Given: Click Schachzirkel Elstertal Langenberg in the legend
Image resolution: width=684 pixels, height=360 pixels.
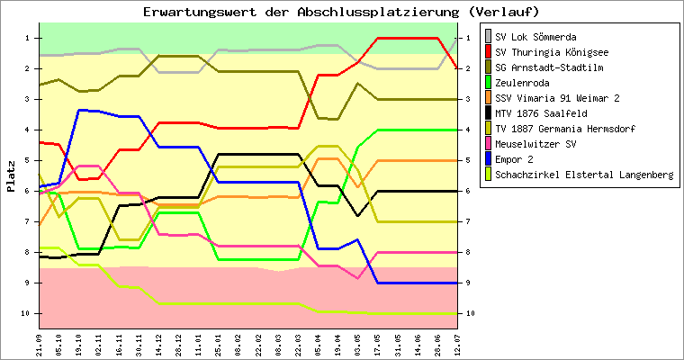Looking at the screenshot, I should point(584,174).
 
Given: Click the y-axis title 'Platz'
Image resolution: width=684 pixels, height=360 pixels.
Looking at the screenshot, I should point(11,175).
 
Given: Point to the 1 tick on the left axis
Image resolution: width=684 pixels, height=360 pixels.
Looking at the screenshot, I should point(28,38).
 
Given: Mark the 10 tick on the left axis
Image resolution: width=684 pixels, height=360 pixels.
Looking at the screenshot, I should point(26,313).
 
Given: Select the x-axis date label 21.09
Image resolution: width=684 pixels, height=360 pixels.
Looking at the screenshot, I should point(40,343).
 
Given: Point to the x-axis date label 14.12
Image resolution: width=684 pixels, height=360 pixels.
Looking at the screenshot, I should point(158,343).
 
